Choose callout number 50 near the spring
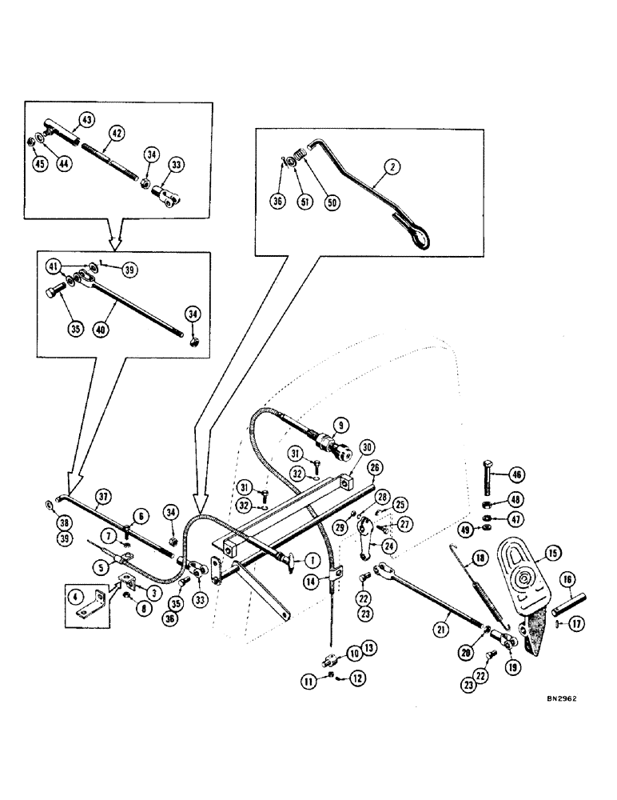pyautogui.click(x=332, y=203)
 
